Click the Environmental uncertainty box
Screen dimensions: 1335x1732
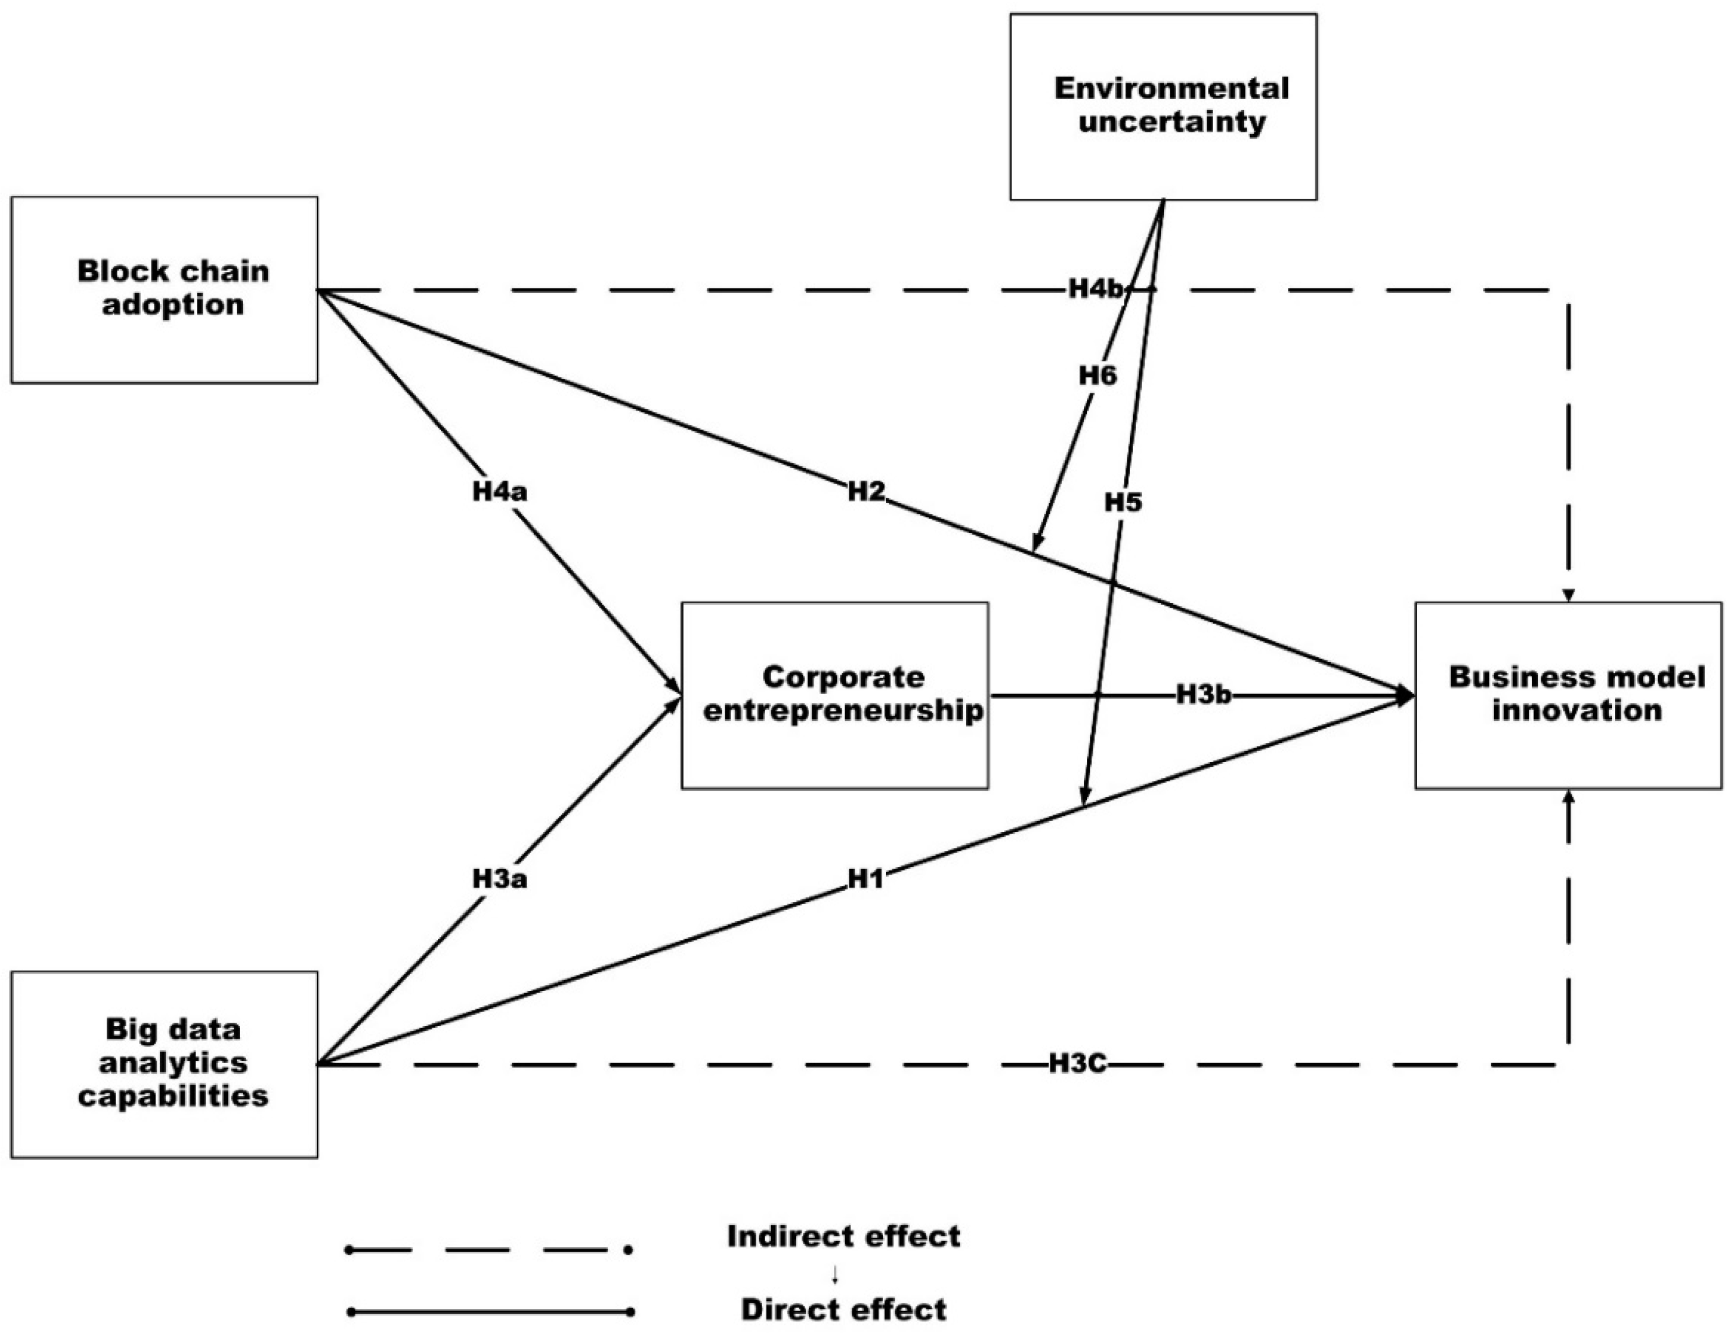pos(1163,106)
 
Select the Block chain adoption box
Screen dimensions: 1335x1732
pos(164,290)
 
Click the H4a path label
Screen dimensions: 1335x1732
pos(500,492)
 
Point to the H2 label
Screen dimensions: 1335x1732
pos(865,492)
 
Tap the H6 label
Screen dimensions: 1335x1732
pos(1098,375)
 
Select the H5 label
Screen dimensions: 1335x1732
pos(1123,502)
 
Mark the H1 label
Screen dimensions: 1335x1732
pos(865,879)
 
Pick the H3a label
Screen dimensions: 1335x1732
pos(500,879)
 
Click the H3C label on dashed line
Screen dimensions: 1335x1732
pos(1077,1063)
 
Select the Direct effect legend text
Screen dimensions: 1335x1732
pos(843,1309)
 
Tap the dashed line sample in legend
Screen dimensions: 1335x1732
pos(489,1250)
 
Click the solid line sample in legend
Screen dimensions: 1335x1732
pos(489,1312)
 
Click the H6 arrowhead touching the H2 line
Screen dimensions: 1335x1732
pos(1036,542)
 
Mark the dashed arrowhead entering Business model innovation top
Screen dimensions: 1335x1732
pos(1568,595)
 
